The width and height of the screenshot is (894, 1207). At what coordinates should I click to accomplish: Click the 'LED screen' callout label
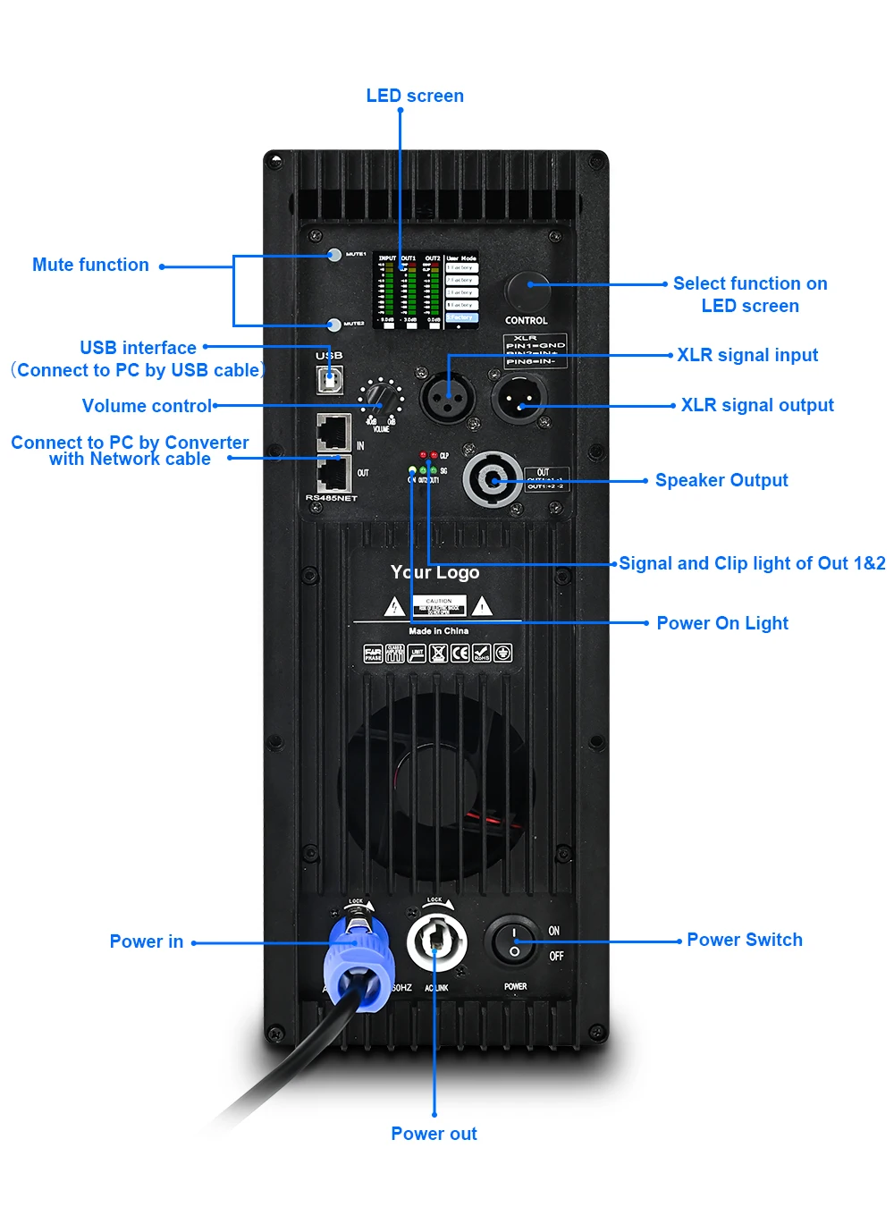click(x=415, y=96)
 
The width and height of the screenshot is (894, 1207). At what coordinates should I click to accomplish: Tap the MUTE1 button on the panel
click(x=334, y=255)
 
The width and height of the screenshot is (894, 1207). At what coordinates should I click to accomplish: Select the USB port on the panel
click(x=330, y=379)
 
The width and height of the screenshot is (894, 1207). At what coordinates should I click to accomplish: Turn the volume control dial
click(x=380, y=395)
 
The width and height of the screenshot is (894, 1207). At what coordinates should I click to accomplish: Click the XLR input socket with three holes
click(x=448, y=398)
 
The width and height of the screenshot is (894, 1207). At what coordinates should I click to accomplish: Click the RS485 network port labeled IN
click(x=333, y=433)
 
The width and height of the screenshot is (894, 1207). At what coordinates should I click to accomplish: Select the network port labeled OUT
click(x=333, y=472)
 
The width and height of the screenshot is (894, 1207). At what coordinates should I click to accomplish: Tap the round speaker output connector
click(x=492, y=480)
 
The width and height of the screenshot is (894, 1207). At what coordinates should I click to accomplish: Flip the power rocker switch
click(x=514, y=941)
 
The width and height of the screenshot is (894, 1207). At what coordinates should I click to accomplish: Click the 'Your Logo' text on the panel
click(x=434, y=572)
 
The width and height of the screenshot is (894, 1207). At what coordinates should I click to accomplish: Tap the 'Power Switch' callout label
click(x=744, y=940)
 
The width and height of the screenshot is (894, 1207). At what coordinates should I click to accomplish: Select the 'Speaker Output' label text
click(x=721, y=480)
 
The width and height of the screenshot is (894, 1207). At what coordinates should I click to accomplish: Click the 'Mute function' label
click(x=90, y=265)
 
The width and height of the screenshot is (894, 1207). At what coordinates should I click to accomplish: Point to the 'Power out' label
click(x=434, y=1134)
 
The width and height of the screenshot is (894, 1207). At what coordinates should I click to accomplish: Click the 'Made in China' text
click(x=438, y=631)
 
